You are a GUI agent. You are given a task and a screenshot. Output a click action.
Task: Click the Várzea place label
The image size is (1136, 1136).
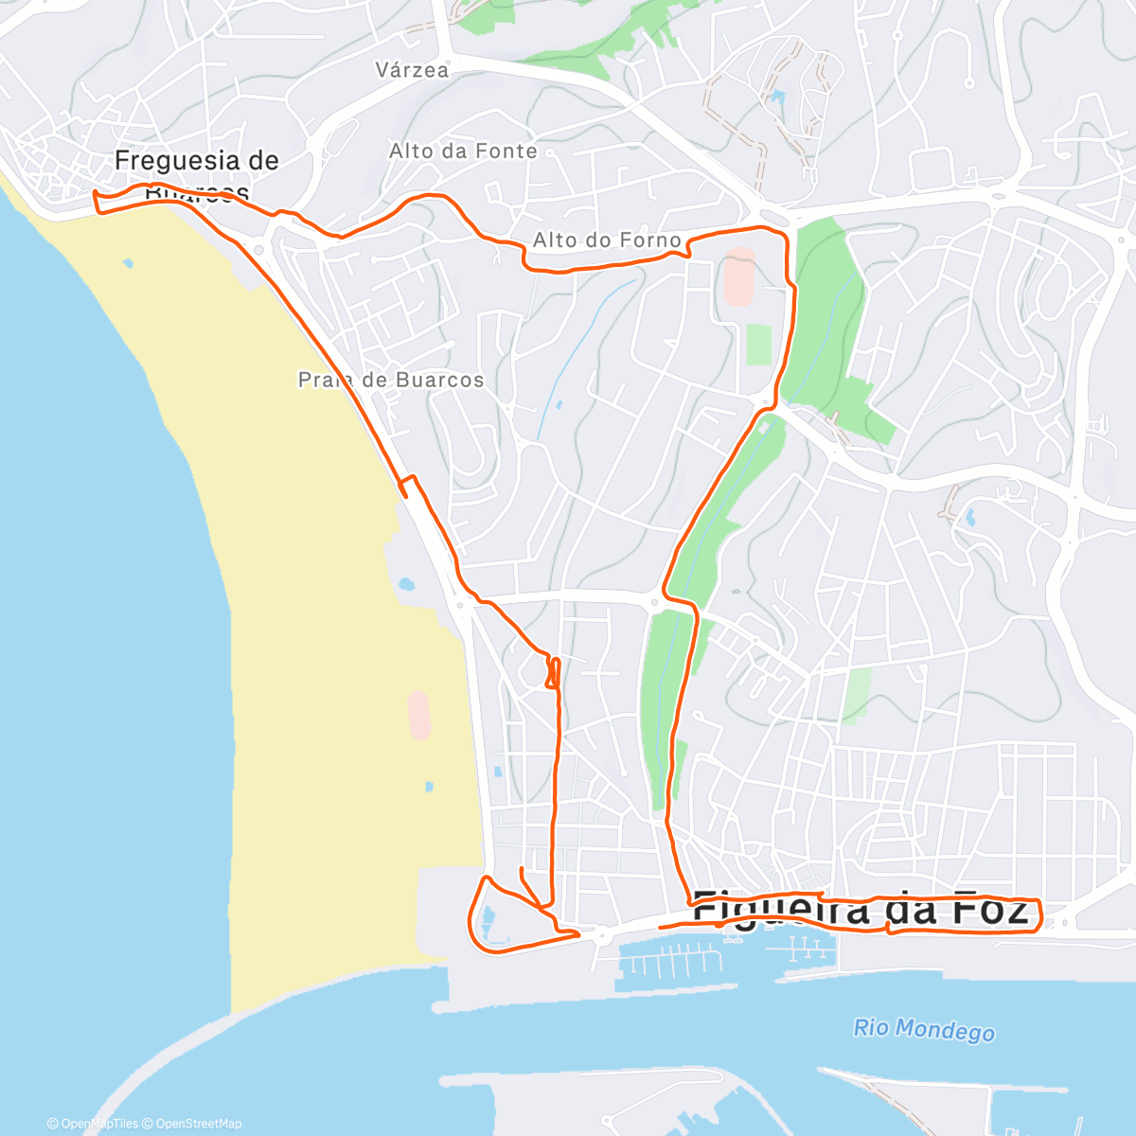(412, 70)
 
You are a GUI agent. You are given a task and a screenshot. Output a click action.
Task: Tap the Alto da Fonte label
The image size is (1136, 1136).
(463, 151)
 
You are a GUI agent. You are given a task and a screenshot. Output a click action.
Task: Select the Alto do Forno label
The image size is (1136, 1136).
(607, 240)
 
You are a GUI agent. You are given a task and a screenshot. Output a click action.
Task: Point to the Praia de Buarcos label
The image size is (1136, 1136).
(391, 381)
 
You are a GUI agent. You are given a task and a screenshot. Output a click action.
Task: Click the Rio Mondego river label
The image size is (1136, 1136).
(923, 1030)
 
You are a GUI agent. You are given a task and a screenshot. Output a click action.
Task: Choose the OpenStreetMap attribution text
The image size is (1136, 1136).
(198, 1124)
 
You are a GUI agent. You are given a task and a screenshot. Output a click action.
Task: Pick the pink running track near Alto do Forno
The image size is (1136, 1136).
(739, 277)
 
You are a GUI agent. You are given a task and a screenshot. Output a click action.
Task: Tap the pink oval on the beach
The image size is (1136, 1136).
(417, 715)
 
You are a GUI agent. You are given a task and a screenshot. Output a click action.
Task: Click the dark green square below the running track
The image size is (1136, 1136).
(758, 345)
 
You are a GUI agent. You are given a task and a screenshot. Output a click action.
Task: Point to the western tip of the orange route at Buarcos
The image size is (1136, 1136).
(95, 194)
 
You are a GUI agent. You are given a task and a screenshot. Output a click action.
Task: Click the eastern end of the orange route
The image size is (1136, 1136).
(1039, 914)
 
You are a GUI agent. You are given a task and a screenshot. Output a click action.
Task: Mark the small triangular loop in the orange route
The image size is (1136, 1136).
(553, 673)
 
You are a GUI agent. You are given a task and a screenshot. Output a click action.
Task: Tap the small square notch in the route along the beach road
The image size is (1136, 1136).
(407, 486)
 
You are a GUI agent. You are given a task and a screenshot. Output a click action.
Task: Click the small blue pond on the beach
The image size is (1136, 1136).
(405, 584)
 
